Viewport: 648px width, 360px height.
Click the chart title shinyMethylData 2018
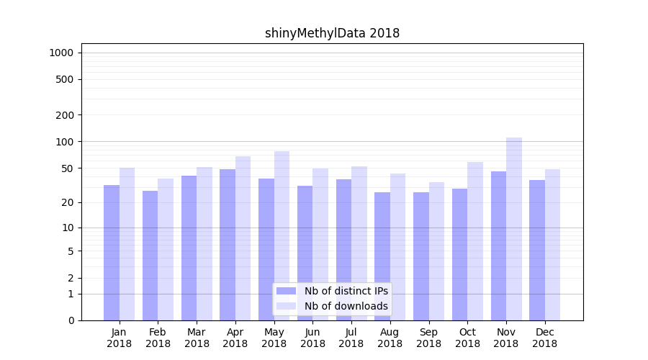pyautogui.click(x=332, y=33)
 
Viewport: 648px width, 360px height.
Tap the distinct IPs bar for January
pyautogui.click(x=112, y=253)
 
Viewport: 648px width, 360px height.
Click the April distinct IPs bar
pyautogui.click(x=228, y=245)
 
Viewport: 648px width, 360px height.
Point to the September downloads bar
pyautogui.click(x=436, y=251)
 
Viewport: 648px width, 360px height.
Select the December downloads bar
pyautogui.click(x=552, y=245)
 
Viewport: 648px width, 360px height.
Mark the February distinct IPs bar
pyautogui.click(x=150, y=256)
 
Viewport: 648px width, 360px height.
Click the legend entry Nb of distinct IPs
pyautogui.click(x=346, y=291)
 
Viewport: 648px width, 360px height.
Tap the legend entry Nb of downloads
pyautogui.click(x=346, y=306)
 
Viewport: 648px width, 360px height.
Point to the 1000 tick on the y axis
pyautogui.click(x=61, y=53)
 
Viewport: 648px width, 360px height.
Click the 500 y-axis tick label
pyautogui.click(x=65, y=79)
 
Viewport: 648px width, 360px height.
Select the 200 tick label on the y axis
pyautogui.click(x=65, y=115)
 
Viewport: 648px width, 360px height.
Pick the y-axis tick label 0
pyautogui.click(x=71, y=320)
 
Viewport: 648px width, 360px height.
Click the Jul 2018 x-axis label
pyautogui.click(x=351, y=338)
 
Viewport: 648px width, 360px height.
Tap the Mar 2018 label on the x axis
pyautogui.click(x=197, y=338)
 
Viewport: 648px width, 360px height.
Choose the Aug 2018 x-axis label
pyautogui.click(x=390, y=338)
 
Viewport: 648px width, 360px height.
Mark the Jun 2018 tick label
pyautogui.click(x=312, y=338)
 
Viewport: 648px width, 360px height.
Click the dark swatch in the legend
pyautogui.click(x=286, y=291)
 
